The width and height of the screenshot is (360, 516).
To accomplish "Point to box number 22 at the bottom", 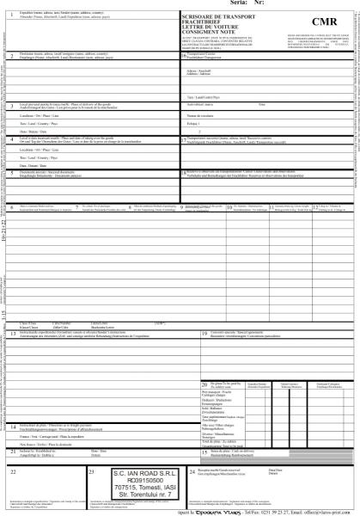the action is pyautogui.click(x=12, y=472).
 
